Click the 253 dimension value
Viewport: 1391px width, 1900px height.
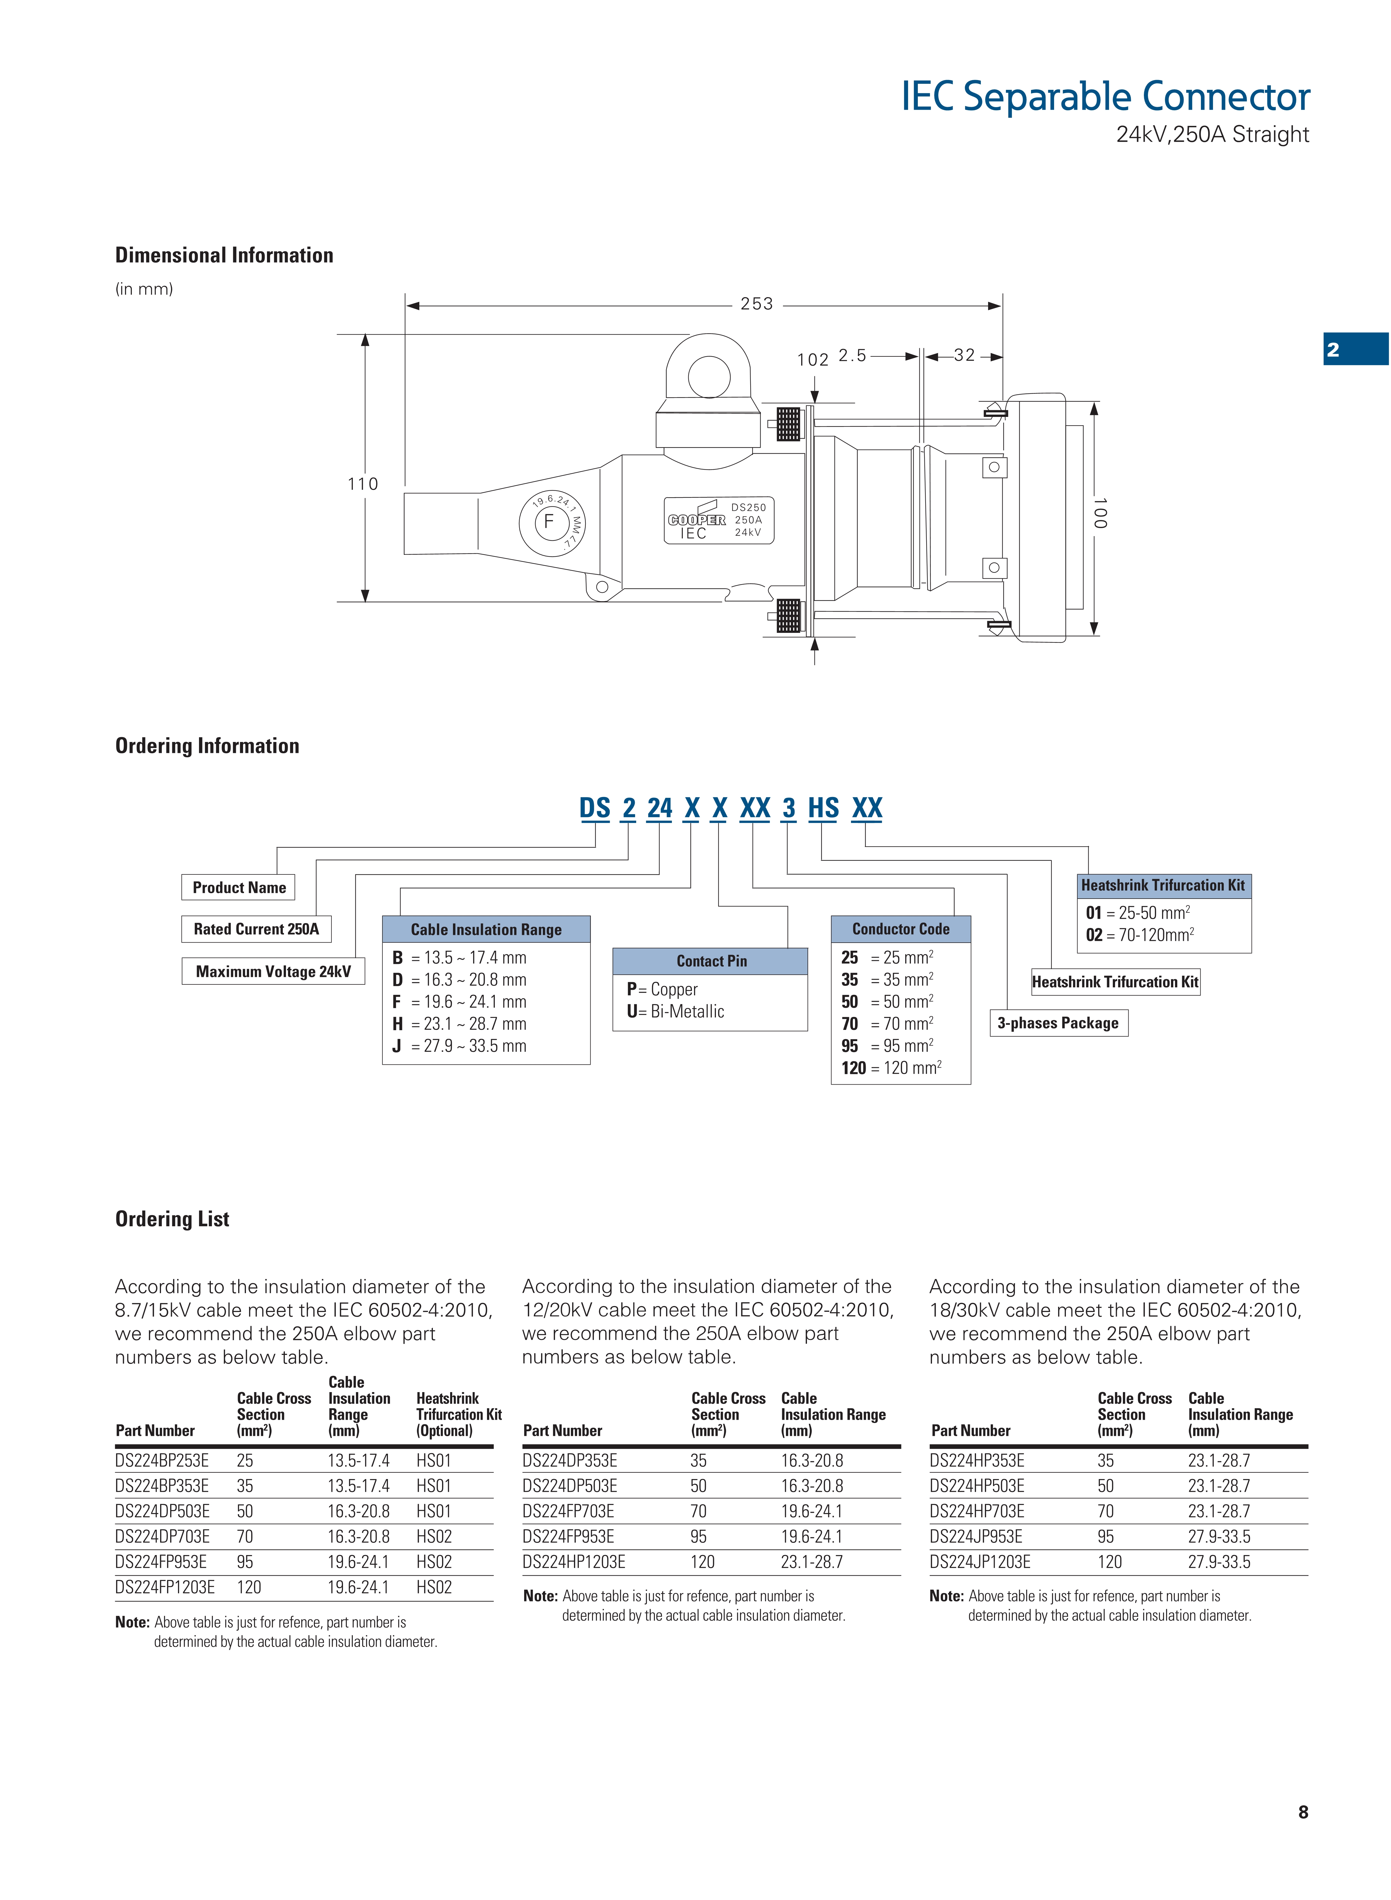point(756,304)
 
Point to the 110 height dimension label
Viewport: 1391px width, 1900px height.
point(363,484)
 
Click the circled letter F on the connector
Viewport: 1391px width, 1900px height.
point(549,522)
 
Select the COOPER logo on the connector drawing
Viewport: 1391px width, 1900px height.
point(696,520)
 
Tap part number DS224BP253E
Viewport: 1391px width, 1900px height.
point(162,1461)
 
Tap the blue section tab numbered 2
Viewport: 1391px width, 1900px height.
point(1333,349)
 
